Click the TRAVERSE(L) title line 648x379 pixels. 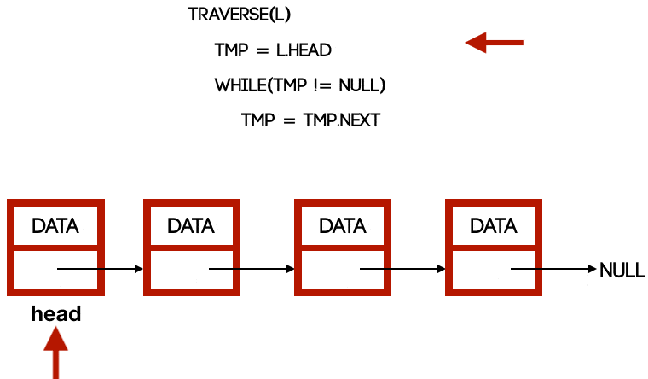tap(245, 15)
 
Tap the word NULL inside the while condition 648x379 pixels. tap(362, 86)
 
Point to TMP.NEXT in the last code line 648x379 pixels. tap(341, 120)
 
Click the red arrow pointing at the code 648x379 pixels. tap(494, 42)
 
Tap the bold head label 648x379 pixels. tap(56, 314)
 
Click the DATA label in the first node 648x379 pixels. tap(55, 226)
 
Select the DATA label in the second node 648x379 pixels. tap(191, 226)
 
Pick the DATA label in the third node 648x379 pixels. tap(342, 226)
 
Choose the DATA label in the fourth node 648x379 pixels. tap(494, 226)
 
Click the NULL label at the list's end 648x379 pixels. tap(622, 271)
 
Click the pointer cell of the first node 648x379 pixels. tap(34, 269)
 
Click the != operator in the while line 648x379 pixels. tap(324, 86)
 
